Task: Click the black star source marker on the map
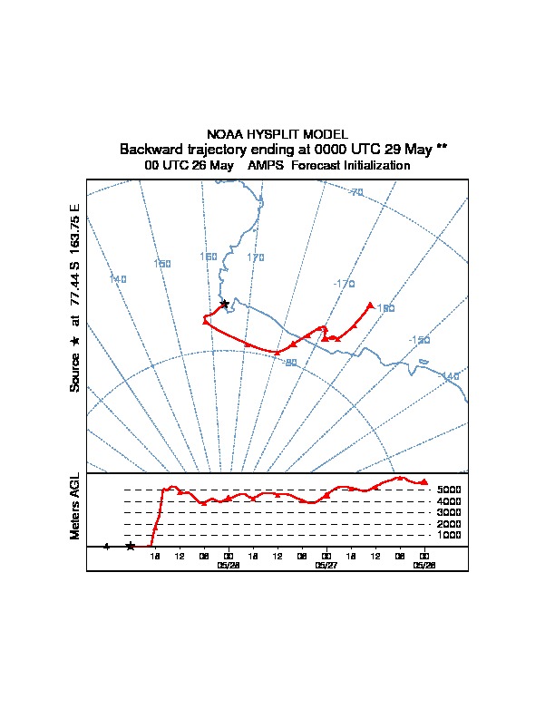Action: (224, 304)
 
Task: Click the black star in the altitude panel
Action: (131, 546)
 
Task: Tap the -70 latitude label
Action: (355, 192)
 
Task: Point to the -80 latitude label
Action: (290, 363)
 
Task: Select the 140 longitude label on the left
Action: (118, 279)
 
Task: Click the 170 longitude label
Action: (256, 258)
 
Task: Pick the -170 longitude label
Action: (344, 284)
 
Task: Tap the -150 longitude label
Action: (419, 340)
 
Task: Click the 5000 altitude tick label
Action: (449, 490)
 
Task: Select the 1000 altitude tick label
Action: (449, 535)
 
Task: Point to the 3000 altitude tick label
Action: (449, 512)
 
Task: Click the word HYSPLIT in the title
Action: (277, 134)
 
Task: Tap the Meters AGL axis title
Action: (75, 506)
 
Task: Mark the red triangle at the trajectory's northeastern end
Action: (370, 306)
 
